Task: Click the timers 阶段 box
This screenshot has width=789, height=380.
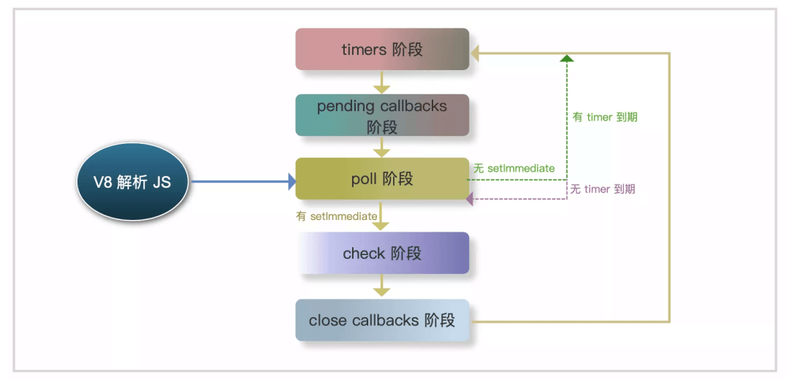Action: [x=382, y=49]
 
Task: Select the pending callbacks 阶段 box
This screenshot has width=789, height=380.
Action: [x=382, y=115]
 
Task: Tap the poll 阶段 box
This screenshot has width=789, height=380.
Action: [x=382, y=179]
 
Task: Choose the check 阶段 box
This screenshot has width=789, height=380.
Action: [x=382, y=253]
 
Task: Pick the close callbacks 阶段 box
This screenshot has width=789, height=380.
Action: [x=382, y=320]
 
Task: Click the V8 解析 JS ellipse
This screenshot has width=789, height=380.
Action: [x=133, y=182]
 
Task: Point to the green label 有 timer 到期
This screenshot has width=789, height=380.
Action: [x=606, y=117]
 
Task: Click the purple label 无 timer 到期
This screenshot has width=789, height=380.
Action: [x=602, y=189]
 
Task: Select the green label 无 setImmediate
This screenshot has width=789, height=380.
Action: [x=514, y=168]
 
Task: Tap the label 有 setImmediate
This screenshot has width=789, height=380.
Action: [x=337, y=216]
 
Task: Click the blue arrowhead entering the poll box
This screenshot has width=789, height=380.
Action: [x=291, y=181]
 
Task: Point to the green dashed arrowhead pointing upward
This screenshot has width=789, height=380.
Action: [x=567, y=58]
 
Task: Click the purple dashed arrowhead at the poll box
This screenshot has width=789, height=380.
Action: [x=470, y=199]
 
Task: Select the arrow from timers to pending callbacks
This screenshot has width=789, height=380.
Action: [x=382, y=82]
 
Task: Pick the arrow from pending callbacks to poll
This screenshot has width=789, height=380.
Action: [x=382, y=147]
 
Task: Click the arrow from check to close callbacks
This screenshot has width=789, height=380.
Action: [x=382, y=286]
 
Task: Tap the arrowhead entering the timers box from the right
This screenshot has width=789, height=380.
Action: [x=475, y=52]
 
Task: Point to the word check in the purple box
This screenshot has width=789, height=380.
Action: [x=364, y=253]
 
